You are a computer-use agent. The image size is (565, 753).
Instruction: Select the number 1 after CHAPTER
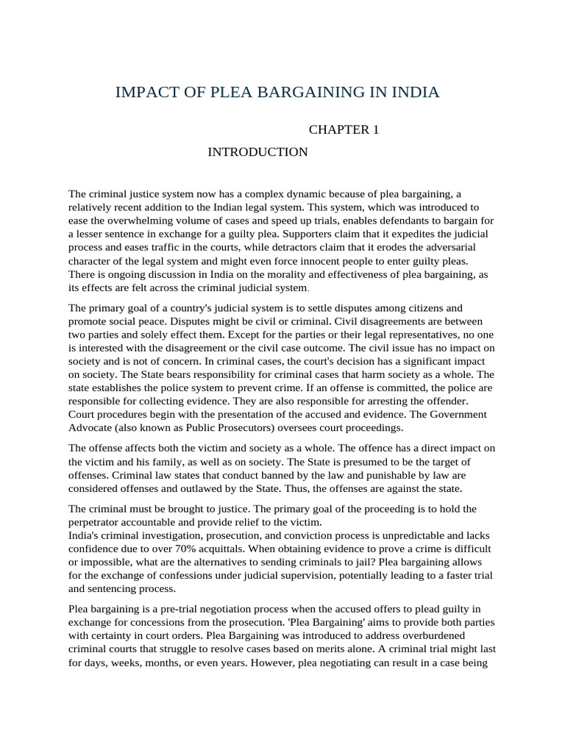(375, 130)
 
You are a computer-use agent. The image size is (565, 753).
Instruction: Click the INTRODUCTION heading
(257, 152)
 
